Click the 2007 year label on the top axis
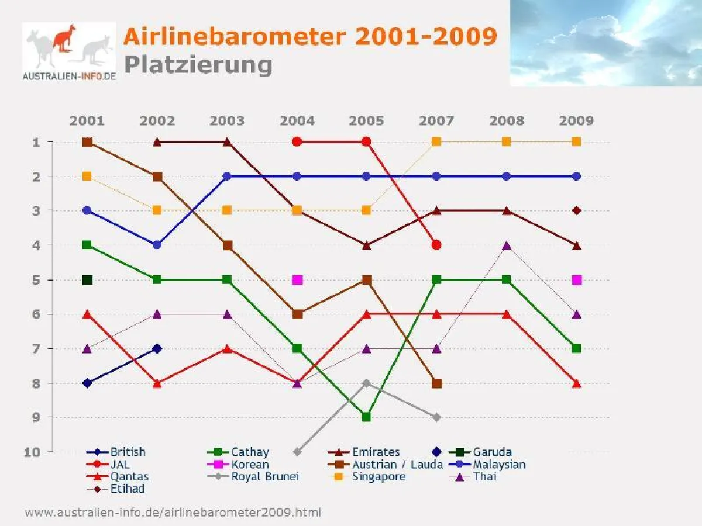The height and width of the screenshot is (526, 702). tap(436, 121)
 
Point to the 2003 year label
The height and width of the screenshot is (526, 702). tap(227, 121)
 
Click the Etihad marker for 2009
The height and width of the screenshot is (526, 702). tap(576, 210)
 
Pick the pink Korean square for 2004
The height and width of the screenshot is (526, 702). tap(297, 280)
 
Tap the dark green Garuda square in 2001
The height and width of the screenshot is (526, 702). tap(87, 280)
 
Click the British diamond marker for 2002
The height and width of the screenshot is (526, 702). tap(157, 348)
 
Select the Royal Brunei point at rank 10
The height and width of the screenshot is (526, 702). tap(297, 452)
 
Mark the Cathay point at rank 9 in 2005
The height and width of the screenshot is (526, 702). tap(366, 417)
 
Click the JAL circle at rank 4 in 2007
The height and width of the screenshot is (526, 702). tap(436, 245)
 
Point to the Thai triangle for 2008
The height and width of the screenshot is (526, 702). tap(507, 245)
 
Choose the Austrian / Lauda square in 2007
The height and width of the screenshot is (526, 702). tap(436, 383)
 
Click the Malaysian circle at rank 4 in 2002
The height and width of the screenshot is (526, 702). tap(157, 245)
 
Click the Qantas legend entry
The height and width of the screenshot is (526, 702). tap(129, 476)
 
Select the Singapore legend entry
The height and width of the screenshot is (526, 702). tap(378, 476)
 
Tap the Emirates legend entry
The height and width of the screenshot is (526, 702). tap(375, 452)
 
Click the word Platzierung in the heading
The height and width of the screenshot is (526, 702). tap(198, 64)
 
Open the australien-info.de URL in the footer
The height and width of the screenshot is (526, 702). tap(173, 513)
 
